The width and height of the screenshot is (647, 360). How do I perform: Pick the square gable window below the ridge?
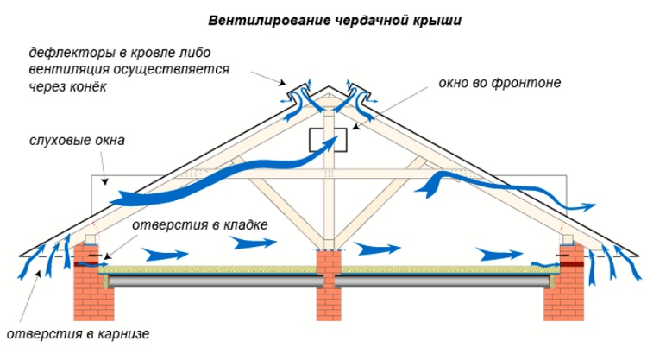tap(327, 138)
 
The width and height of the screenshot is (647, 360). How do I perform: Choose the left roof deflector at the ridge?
tap(298, 95)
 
